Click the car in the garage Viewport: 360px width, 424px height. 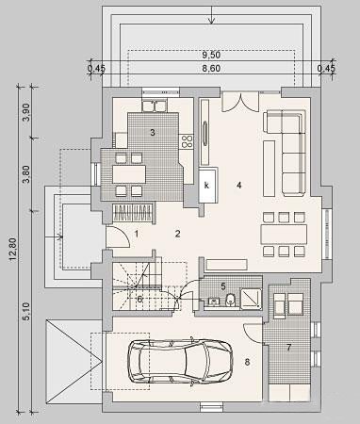coord(180,361)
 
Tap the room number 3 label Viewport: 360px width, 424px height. coord(153,132)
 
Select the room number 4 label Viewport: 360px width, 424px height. coord(239,186)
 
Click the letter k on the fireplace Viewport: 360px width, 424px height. coord(206,186)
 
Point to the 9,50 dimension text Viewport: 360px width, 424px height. coord(211,55)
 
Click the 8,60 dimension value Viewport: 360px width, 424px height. coord(211,68)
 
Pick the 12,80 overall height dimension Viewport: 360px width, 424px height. coord(13,250)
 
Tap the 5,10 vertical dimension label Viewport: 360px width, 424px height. coord(26,311)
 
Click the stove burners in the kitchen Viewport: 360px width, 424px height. coord(186,141)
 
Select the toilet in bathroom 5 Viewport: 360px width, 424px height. coord(230,299)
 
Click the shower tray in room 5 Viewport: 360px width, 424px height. coord(251,299)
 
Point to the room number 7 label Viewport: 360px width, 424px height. coord(289,348)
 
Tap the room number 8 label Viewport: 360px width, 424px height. coord(247,362)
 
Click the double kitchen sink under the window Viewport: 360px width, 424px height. coord(154,106)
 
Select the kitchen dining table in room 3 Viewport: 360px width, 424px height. coord(129,174)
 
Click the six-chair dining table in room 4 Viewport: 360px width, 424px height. coord(284,235)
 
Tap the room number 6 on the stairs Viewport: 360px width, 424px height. coord(139,299)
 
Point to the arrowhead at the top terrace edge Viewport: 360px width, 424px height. coord(212,21)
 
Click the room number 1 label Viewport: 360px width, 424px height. coord(137,234)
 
